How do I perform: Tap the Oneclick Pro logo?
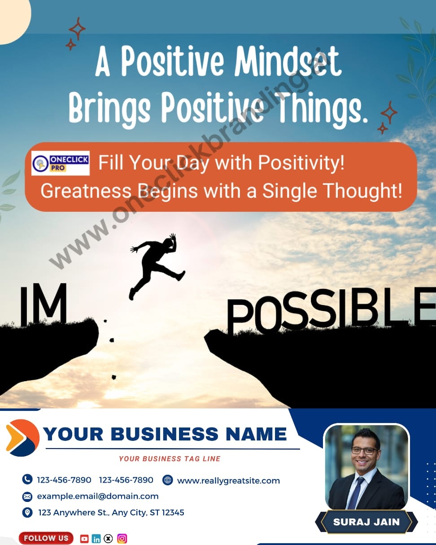point(61,163)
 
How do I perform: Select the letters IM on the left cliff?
point(43,305)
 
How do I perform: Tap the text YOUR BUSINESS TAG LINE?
point(170,458)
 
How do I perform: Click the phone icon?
point(27,480)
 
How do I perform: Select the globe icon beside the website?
point(168,480)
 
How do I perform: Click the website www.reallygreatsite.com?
point(228,480)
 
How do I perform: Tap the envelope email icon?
point(27,496)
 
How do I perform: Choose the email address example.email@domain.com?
point(97,496)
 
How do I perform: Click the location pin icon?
point(27,512)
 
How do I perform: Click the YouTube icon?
point(84,539)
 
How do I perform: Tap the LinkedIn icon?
point(96,539)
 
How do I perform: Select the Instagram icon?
point(122,539)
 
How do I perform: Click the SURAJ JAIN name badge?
point(366,522)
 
